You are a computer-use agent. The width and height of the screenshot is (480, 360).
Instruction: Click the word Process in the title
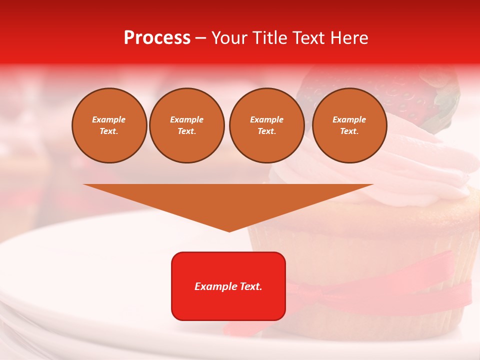coord(157,38)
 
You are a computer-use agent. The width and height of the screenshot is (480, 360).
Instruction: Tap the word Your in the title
coord(229,38)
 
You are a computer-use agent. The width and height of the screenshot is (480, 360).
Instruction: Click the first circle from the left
coord(109,125)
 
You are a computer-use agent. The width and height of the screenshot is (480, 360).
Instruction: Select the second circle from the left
coord(187,125)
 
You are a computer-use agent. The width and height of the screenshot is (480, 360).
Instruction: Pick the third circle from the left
coord(266,125)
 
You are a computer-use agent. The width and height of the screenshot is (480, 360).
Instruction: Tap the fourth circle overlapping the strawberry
coord(349,125)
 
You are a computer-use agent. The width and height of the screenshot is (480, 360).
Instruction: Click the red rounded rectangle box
coord(228,286)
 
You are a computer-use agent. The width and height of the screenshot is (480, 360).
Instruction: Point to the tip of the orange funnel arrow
coord(229,230)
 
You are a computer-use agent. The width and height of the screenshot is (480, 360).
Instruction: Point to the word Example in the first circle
coord(109,119)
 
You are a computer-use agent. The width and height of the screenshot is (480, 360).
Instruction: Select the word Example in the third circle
coord(266,119)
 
